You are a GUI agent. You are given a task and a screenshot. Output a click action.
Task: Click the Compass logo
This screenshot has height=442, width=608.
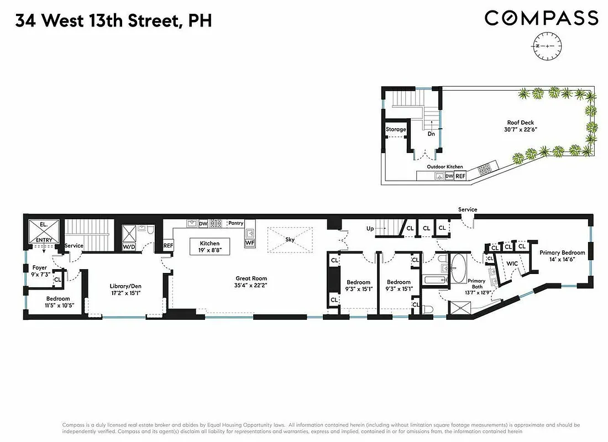point(541,18)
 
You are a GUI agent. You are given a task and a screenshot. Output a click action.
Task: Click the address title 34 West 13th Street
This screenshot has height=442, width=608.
point(113,21)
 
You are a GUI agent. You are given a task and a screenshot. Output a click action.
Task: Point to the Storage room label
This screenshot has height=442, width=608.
point(396,129)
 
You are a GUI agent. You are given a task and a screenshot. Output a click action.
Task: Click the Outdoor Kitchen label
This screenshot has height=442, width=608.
point(444,166)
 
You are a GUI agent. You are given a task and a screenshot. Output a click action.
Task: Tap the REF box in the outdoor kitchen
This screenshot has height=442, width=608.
point(460,176)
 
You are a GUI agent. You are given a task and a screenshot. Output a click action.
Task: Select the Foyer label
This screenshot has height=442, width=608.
point(40,267)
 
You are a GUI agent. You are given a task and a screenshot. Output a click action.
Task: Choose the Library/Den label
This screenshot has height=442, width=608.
point(125,286)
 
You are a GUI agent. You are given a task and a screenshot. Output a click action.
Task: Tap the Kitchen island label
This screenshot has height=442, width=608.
point(210,243)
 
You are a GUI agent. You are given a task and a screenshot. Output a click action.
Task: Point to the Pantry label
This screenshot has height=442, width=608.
point(235,223)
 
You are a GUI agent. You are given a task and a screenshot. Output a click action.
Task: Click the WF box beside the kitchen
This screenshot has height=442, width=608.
point(250,242)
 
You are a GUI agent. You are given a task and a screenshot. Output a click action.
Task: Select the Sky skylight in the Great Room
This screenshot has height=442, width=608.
point(290,240)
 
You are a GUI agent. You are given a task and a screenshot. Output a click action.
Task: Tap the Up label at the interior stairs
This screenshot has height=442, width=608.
point(371,228)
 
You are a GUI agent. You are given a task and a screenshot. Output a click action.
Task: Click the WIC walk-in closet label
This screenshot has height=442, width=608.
point(512,264)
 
